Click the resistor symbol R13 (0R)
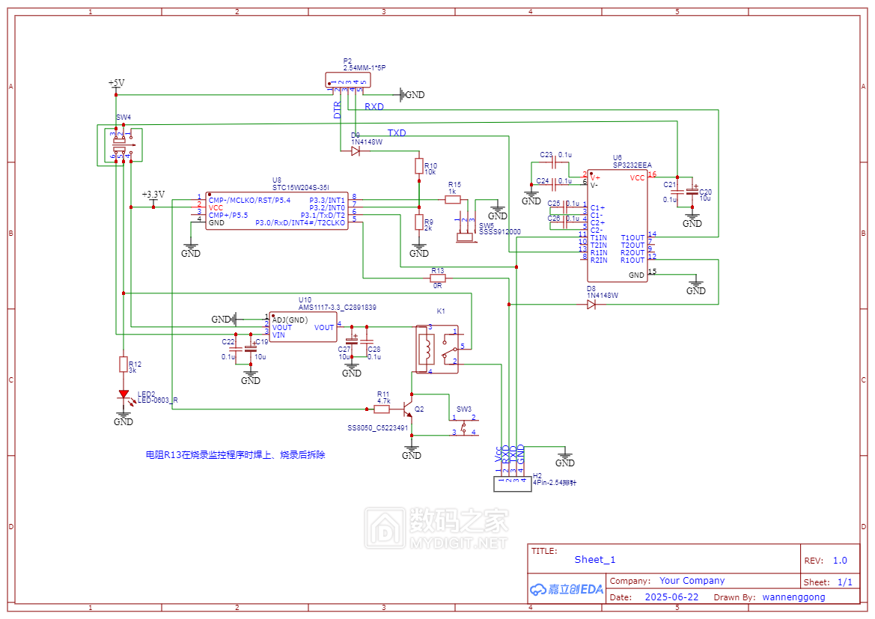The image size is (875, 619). point(437,278)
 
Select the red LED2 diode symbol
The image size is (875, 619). point(123,395)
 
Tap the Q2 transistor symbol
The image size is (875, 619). point(407,409)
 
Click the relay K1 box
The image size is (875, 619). point(437,347)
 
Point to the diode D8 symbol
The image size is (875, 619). point(591,304)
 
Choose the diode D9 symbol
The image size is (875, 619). point(356,150)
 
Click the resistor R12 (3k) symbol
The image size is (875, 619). point(123,365)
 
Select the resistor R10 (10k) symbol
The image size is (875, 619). point(419,165)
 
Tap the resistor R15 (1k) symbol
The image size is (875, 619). point(452,200)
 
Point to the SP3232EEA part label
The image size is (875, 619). point(632,164)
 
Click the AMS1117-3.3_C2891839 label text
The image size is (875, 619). point(337,307)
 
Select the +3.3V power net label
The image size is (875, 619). point(153,193)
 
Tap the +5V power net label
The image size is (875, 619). point(116,82)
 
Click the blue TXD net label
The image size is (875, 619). point(397,132)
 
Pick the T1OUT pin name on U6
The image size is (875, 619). point(632,237)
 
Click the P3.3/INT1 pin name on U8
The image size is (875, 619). point(327,200)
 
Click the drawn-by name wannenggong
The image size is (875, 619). point(793,597)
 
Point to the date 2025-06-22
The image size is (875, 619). point(671,597)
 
